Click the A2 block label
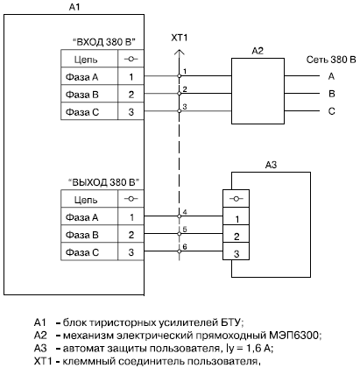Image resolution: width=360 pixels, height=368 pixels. click(x=258, y=51)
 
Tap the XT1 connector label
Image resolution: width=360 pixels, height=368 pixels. click(x=179, y=38)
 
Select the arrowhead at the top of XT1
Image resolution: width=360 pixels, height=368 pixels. click(x=180, y=52)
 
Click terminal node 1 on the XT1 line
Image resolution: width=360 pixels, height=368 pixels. click(x=180, y=76)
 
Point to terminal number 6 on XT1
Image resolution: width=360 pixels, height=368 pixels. click(x=185, y=247)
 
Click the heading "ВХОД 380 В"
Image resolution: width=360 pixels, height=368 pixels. click(x=104, y=42)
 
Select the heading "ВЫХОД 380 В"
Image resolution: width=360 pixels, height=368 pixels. click(x=104, y=182)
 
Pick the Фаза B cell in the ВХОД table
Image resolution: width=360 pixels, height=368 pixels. click(x=89, y=94)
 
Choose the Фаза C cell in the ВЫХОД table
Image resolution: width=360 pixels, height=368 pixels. click(x=89, y=251)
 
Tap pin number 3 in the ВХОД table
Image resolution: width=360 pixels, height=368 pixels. click(x=131, y=111)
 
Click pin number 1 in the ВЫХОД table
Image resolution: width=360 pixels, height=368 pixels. click(x=131, y=217)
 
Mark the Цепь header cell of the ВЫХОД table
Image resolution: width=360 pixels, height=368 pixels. click(x=89, y=199)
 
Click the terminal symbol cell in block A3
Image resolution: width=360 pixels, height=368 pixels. click(x=236, y=199)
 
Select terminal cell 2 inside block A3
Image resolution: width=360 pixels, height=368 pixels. click(x=236, y=234)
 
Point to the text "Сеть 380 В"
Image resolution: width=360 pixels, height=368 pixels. click(x=331, y=60)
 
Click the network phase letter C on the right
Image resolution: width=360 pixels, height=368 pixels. click(x=331, y=111)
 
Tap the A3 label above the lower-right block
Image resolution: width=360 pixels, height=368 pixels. click(x=271, y=165)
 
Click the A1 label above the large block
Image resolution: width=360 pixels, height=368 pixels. click(x=74, y=7)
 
